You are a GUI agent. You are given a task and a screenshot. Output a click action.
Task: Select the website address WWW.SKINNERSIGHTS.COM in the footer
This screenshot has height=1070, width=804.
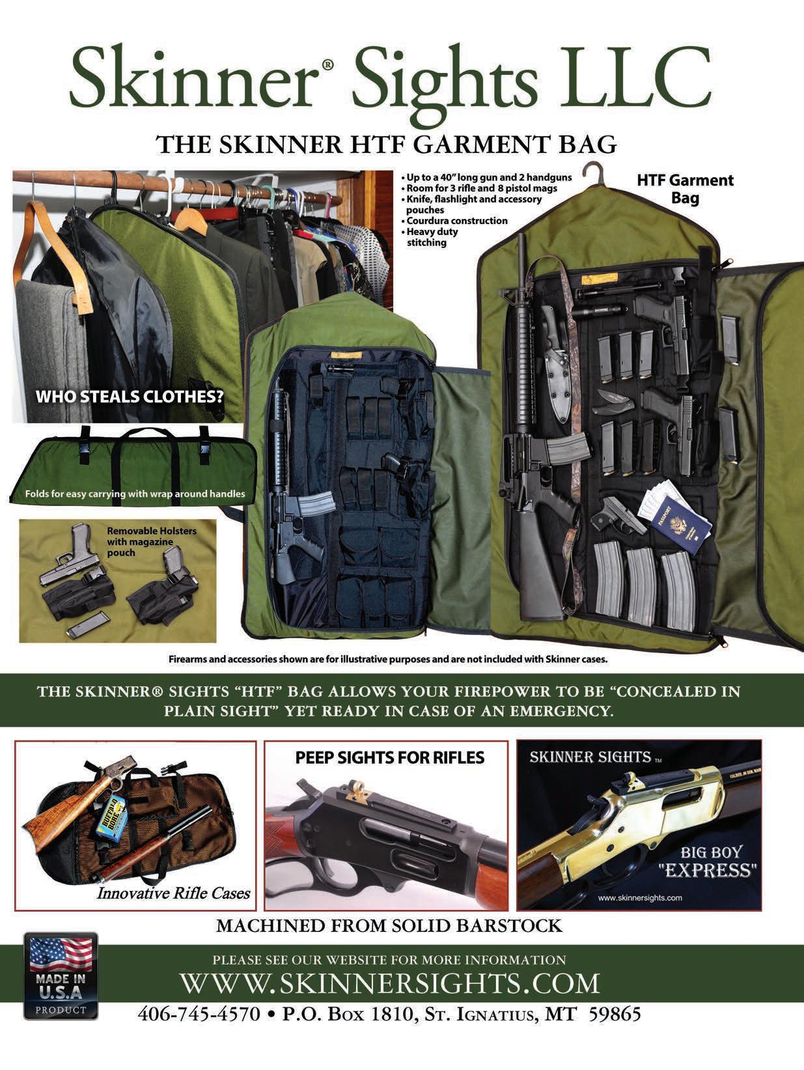(x=389, y=1000)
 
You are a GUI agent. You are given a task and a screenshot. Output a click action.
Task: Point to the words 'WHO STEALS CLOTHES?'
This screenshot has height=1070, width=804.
(x=130, y=397)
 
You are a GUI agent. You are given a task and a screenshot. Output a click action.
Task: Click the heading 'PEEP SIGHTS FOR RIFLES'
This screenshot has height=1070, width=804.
(x=389, y=757)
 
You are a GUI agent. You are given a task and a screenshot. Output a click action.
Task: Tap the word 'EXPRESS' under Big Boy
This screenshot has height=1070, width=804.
(x=708, y=870)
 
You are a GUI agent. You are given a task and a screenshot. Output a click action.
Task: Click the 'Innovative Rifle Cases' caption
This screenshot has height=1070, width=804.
(x=173, y=893)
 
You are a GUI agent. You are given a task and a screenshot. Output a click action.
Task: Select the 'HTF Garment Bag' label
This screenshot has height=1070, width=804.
(x=685, y=188)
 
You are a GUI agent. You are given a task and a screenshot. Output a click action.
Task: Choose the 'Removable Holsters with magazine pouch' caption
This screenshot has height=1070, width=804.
(x=151, y=541)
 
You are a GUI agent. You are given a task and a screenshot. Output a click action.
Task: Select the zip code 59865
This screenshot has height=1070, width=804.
(x=615, y=1033)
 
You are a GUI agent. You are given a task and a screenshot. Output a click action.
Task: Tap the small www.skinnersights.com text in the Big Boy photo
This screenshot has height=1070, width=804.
(x=639, y=897)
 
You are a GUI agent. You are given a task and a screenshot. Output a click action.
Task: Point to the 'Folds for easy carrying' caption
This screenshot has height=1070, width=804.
(x=135, y=494)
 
